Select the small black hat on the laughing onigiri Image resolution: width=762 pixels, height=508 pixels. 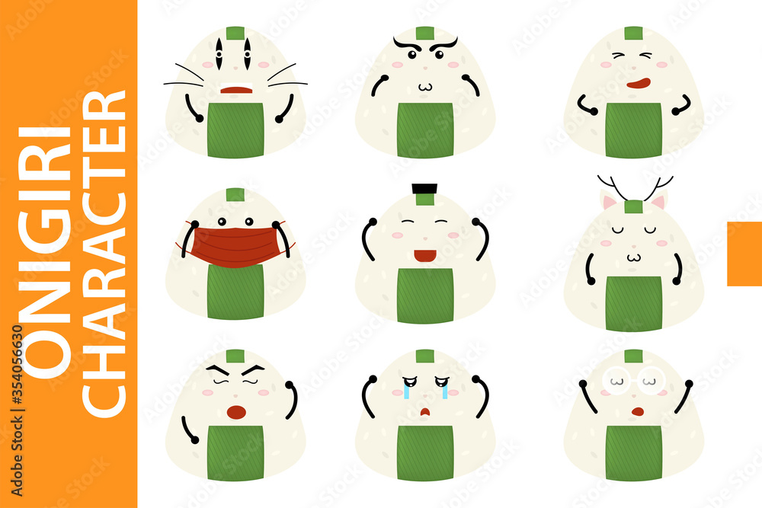click(x=423, y=189)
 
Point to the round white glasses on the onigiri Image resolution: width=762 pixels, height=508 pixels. click(x=634, y=379)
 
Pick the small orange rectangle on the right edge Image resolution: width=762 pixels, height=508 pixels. click(x=744, y=254)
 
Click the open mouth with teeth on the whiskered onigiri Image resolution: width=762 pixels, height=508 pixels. click(x=235, y=88)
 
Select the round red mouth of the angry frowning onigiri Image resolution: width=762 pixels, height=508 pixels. click(x=236, y=412)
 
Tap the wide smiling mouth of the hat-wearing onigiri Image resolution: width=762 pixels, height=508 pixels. click(x=424, y=254)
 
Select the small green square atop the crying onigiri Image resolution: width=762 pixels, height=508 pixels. click(x=425, y=356)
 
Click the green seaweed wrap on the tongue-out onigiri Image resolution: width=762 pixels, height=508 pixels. click(x=634, y=130)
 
